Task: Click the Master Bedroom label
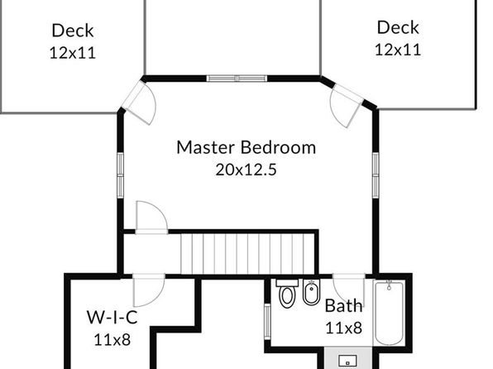point(247,147)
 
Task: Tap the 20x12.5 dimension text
point(247,170)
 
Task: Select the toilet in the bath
point(287,293)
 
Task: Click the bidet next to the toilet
point(311,292)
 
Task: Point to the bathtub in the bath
point(390,314)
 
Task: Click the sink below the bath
point(347,362)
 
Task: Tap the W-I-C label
point(112,317)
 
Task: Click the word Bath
point(343,305)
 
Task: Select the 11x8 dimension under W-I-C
point(112,340)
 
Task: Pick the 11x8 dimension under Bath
point(343,328)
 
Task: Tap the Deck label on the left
point(73,31)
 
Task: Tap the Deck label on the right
point(398,27)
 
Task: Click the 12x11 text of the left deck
point(73,52)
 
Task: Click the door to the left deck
point(140,103)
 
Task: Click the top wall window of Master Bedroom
point(237,79)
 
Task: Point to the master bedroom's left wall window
point(121,175)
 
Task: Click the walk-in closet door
point(148,290)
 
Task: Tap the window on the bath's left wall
point(267,321)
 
